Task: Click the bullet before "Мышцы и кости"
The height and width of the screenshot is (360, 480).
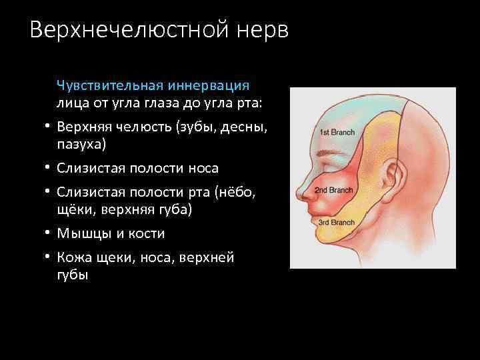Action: pos(49,233)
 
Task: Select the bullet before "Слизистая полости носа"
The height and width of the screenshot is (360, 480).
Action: pos(49,168)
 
